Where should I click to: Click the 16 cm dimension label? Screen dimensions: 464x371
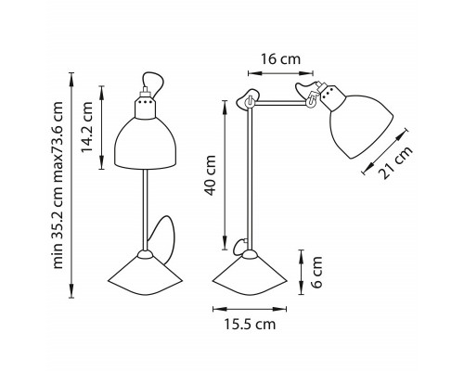(280, 59)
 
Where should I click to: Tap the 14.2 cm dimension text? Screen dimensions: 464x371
(87, 127)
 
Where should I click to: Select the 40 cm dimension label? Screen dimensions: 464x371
(211, 175)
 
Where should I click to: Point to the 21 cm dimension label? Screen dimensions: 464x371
(397, 162)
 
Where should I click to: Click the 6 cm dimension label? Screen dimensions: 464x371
(316, 273)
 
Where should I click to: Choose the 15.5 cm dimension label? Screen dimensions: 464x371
(250, 325)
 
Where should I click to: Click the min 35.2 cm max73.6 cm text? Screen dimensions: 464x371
(58, 185)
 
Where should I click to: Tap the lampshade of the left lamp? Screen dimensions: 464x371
(146, 144)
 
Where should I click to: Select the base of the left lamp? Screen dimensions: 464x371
(145, 275)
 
